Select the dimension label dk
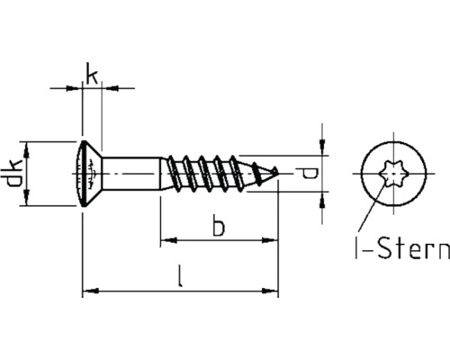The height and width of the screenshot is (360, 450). point(13,172)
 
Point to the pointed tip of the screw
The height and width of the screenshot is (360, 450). point(275,172)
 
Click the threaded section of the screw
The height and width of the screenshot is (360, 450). point(211,172)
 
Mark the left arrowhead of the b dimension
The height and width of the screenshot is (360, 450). point(166,241)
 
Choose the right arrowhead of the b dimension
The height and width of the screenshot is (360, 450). point(273,241)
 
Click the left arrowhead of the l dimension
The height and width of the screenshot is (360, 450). point(88,291)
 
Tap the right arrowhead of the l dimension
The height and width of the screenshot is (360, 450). point(273,291)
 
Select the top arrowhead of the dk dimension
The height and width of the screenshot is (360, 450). point(30,146)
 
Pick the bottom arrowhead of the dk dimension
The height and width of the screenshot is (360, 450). point(30,199)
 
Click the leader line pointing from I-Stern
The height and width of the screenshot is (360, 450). point(366,213)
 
